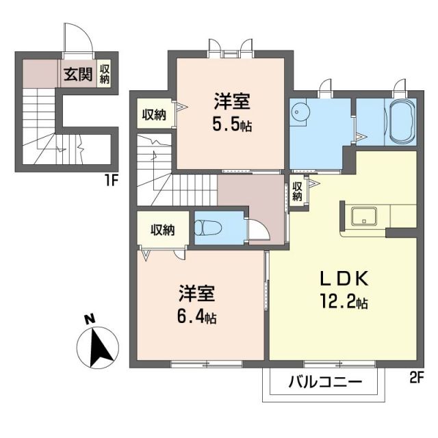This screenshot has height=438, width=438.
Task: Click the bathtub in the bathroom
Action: point(400,123)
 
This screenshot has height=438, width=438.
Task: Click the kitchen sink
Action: point(364,216)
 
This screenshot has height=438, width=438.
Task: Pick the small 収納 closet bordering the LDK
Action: point(297,191)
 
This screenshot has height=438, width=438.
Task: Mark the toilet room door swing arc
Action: point(257,229)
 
